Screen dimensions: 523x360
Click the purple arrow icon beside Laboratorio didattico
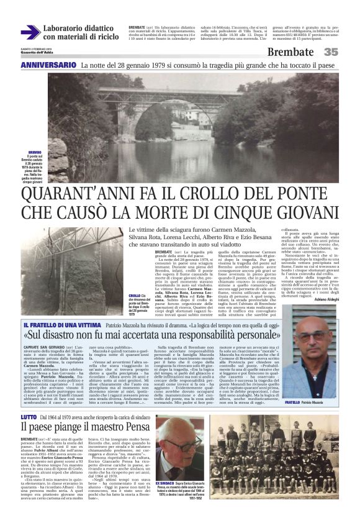(x=30, y=32)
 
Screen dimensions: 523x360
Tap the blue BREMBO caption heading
(x=35, y=152)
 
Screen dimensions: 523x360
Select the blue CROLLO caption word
(x=135, y=295)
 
